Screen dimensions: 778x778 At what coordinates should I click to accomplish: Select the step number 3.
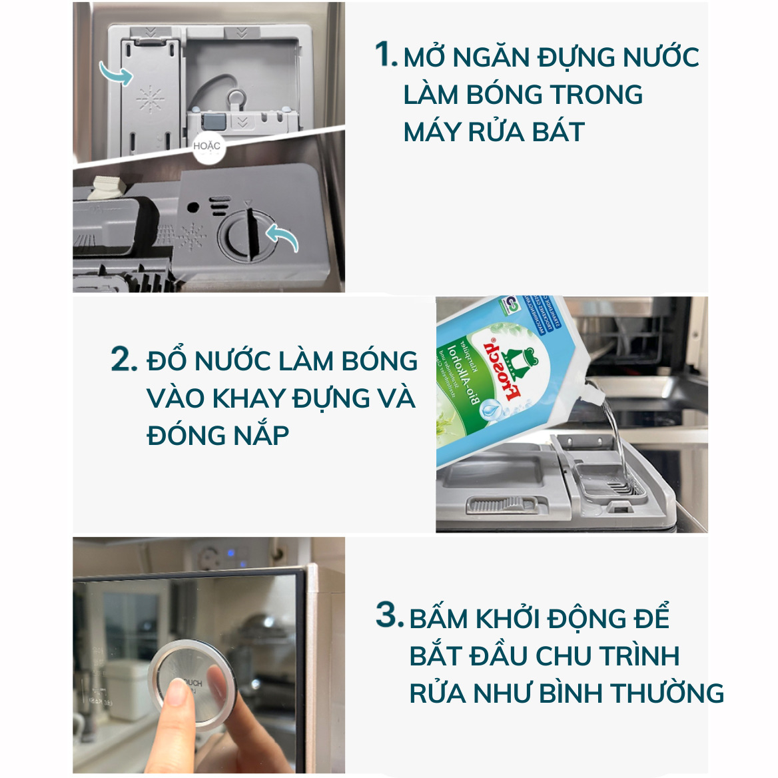click(x=389, y=614)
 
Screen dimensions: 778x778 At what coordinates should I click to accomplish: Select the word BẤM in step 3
click(x=439, y=619)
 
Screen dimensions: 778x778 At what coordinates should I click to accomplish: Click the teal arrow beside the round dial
click(x=282, y=237)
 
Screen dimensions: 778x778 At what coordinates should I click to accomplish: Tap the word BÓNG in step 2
click(x=379, y=361)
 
